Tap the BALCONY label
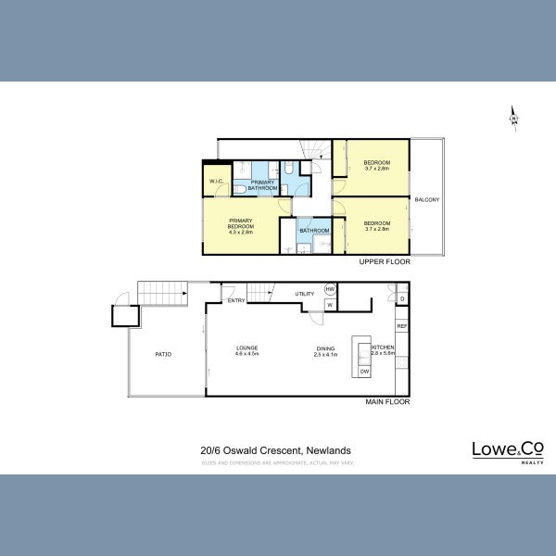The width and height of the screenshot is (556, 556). point(427,200)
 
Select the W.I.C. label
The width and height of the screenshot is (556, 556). point(218,181)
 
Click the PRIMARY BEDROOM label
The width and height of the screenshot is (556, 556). point(240,225)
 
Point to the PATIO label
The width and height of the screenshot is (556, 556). point(163,354)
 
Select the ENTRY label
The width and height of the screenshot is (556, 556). point(236,300)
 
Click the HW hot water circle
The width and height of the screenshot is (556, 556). point(330,289)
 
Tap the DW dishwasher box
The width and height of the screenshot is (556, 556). point(364,371)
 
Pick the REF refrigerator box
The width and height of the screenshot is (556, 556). point(402,326)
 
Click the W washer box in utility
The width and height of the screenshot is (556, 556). point(330,305)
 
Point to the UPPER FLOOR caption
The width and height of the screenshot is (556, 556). point(385,262)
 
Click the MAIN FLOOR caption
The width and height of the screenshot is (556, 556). point(386,402)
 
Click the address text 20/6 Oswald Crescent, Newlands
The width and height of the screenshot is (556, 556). point(275,450)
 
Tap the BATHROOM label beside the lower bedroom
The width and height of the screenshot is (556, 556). point(314,230)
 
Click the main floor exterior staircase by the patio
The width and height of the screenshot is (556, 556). point(163,293)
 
